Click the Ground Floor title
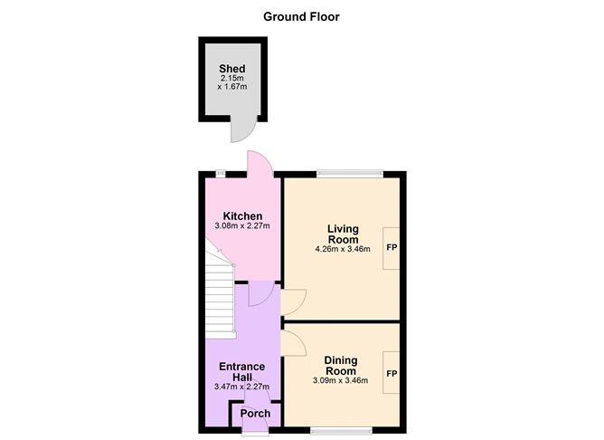(x=302, y=15)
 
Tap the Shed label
(x=232, y=69)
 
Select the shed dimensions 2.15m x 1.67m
(x=232, y=84)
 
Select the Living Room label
(x=343, y=233)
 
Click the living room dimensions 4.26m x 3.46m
(x=343, y=249)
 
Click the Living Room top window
(x=350, y=172)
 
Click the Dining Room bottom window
(x=341, y=429)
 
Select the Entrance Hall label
(x=242, y=371)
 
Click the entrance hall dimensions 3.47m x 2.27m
(x=242, y=387)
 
